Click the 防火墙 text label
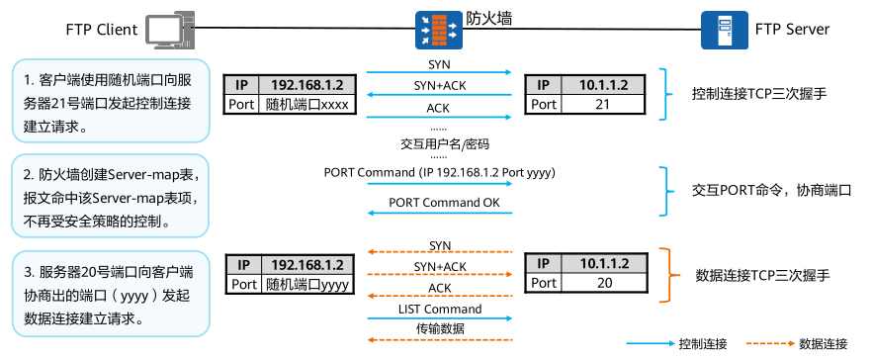tap(488, 17)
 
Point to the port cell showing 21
tap(602, 105)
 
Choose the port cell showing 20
tap(602, 284)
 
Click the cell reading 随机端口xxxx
tap(307, 105)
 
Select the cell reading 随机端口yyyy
tap(307, 284)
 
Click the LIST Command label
tap(440, 309)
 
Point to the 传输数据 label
tap(440, 327)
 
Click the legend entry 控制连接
tap(703, 344)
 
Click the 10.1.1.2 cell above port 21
tap(602, 85)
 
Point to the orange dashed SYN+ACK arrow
tap(440, 277)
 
